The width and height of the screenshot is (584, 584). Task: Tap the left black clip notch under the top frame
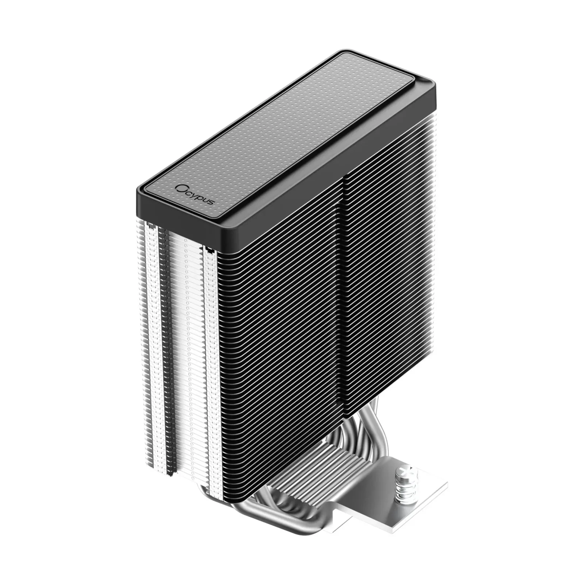(x=149, y=223)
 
